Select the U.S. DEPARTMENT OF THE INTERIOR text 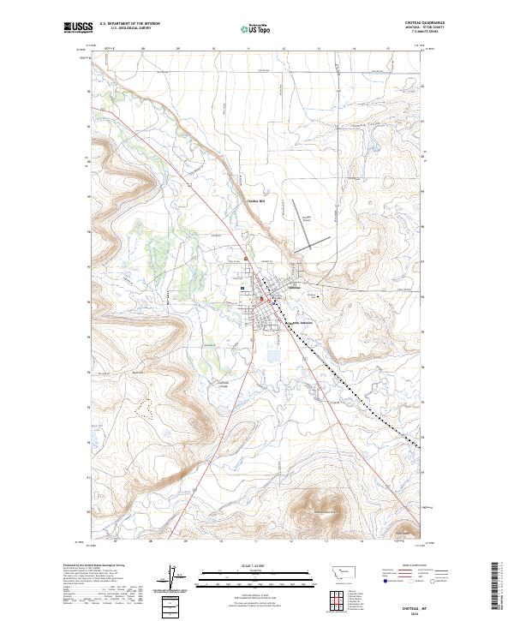point(130,24)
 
